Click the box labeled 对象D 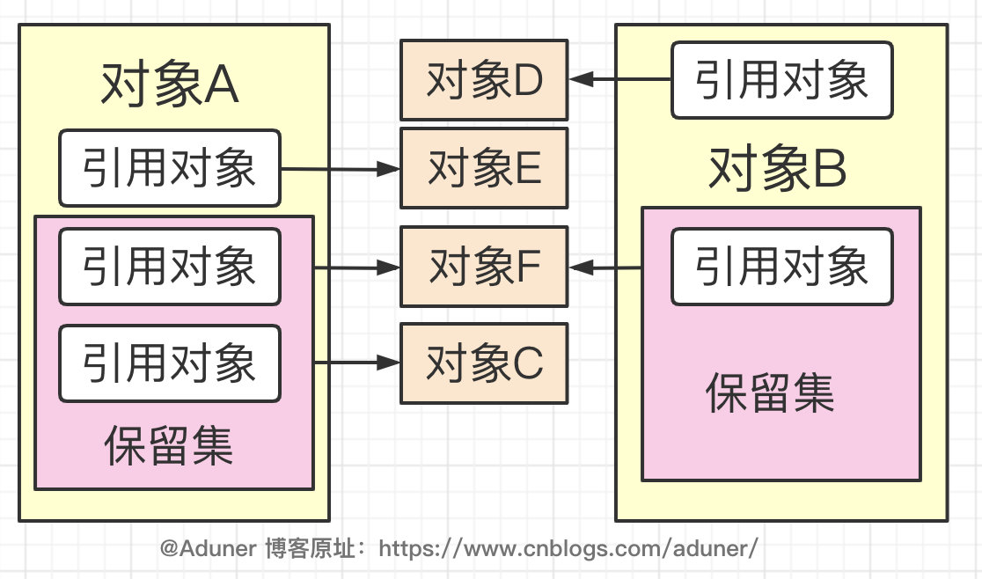pyautogui.click(x=484, y=81)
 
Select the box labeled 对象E pyautogui.click(x=484, y=168)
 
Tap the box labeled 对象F pyautogui.click(x=484, y=267)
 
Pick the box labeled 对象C pyautogui.click(x=484, y=363)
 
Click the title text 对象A pyautogui.click(x=170, y=86)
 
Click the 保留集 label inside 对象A pyautogui.click(x=169, y=445)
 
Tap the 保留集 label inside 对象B pyautogui.click(x=771, y=393)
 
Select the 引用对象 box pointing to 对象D pyautogui.click(x=781, y=80)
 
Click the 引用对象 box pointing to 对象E pyautogui.click(x=169, y=167)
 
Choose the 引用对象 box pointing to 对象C pyautogui.click(x=169, y=363)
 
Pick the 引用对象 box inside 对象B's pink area pyautogui.click(x=781, y=267)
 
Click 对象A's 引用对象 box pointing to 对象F pyautogui.click(x=169, y=267)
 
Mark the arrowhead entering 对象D pyautogui.click(x=581, y=80)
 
